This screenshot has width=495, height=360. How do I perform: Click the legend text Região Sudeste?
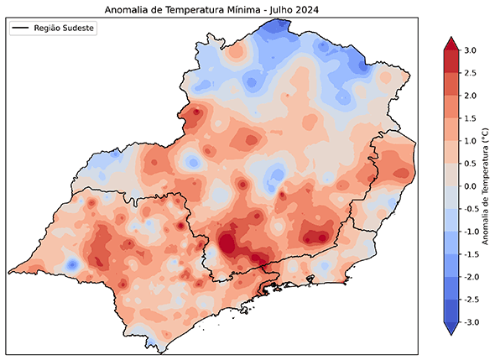click(x=65, y=29)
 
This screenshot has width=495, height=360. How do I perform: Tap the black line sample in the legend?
click(x=21, y=29)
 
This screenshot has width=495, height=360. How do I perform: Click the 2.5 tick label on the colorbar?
click(x=470, y=73)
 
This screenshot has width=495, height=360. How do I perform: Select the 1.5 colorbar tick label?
click(x=470, y=118)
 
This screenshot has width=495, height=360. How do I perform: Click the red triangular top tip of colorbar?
click(x=451, y=44)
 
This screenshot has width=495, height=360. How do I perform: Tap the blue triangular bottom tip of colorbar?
click(x=451, y=328)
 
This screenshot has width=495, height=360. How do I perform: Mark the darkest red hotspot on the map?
click(x=227, y=245)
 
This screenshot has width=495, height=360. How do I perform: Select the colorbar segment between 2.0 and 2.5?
click(x=451, y=84)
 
